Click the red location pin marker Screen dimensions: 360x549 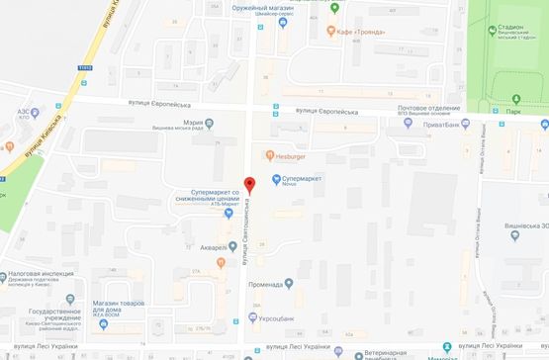pyautogui.click(x=249, y=185)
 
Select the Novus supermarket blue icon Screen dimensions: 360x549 pyautogui.click(x=276, y=178)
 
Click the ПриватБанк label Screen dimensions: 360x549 pyautogui.click(x=451, y=125)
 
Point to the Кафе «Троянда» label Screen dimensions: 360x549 pyautogui.click(x=362, y=31)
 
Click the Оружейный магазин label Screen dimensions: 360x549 pyautogui.click(x=266, y=9)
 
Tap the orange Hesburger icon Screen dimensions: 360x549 pyautogui.click(x=269, y=154)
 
